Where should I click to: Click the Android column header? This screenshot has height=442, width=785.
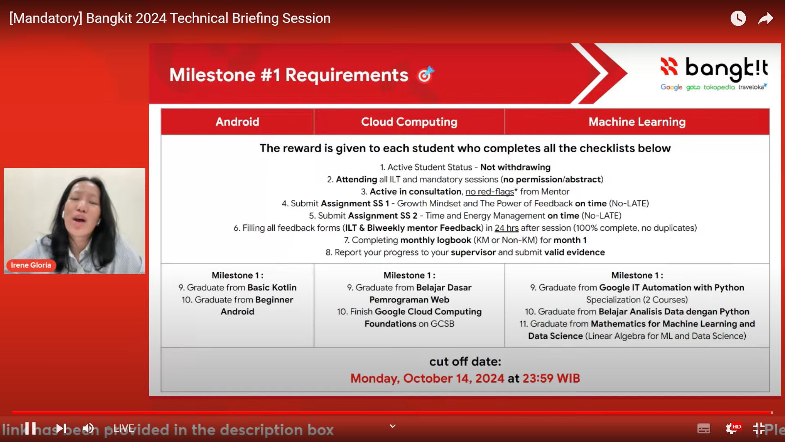coord(237,122)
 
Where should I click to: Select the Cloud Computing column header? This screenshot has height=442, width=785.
coord(409,122)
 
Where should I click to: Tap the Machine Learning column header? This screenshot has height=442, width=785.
coord(637,122)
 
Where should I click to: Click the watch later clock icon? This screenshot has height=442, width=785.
coord(738,18)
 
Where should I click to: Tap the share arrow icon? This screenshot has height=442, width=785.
coord(765,18)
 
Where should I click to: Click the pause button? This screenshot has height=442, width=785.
coord(30,428)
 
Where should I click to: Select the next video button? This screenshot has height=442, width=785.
coord(61,428)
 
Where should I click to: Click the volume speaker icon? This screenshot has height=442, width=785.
coord(88,428)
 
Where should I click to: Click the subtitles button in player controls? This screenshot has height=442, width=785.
coord(704,428)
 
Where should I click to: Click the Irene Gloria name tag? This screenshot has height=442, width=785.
coord(31,265)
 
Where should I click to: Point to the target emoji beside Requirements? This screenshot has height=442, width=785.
coord(426,74)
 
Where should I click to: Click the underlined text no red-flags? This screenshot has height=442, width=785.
coord(489,192)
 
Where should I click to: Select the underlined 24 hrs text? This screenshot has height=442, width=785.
coord(507,228)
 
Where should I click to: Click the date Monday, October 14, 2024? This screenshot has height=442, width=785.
coord(427,378)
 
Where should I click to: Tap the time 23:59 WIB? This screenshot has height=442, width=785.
coord(551,378)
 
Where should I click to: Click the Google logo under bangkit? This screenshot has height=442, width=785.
coord(671,87)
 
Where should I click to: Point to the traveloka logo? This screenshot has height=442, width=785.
coord(752,87)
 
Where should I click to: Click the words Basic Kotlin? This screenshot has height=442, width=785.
coord(272,288)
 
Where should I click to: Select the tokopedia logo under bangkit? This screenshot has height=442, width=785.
coord(719,87)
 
